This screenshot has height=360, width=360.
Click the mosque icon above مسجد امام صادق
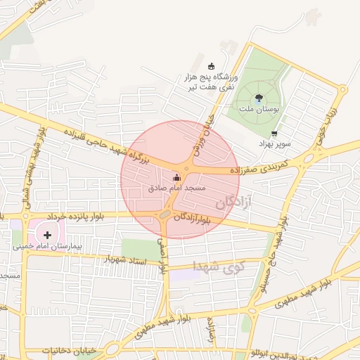[x=176, y=179]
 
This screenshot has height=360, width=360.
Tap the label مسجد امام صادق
[x=177, y=188]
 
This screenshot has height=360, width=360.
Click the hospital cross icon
[x=47, y=235]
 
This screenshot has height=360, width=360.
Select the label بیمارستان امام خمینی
[x=47, y=247]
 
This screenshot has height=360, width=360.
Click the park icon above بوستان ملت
[x=259, y=98]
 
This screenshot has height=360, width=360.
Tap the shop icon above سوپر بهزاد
[x=274, y=133]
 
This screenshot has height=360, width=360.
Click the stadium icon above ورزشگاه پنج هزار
[x=211, y=66]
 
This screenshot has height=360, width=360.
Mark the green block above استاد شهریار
[x=140, y=248]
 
